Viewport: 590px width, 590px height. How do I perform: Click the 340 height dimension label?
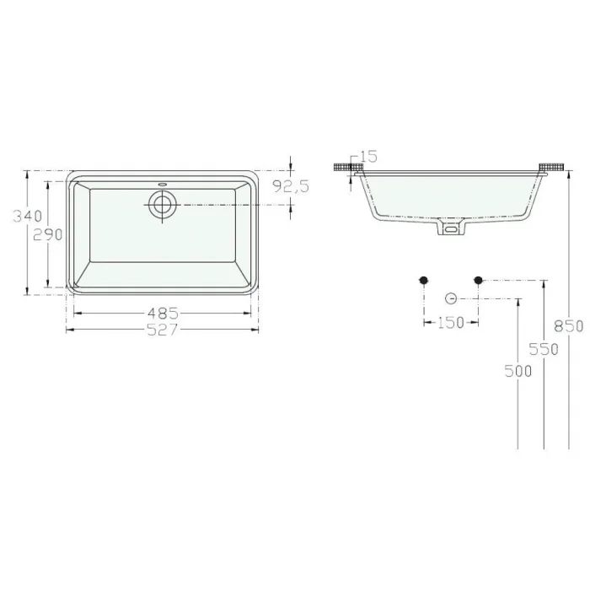pyautogui.click(x=26, y=216)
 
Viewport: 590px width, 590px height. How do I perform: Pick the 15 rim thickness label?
pyautogui.click(x=368, y=156)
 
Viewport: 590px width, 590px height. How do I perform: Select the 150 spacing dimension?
pyautogui.click(x=451, y=323)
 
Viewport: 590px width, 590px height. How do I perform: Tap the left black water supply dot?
pyautogui.click(x=424, y=280)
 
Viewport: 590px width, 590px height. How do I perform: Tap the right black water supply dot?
pyautogui.click(x=478, y=280)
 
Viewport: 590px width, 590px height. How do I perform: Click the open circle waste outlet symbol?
pyautogui.click(x=451, y=298)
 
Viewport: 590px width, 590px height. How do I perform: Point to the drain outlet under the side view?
pyautogui.click(x=451, y=228)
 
